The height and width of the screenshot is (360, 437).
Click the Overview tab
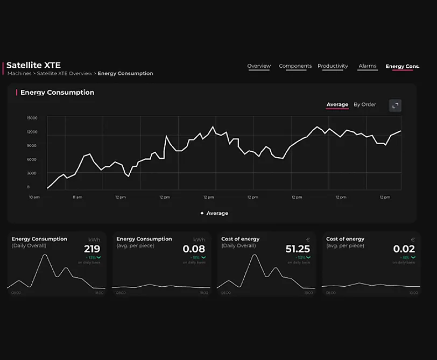click(x=259, y=66)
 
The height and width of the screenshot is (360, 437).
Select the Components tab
click(x=295, y=66)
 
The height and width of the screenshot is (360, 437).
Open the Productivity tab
click(x=333, y=66)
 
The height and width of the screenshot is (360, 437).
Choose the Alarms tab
click(x=368, y=66)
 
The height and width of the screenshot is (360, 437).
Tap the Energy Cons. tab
click(x=402, y=67)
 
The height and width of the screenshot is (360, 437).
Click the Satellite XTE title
click(x=33, y=65)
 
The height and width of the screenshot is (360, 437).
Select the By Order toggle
click(x=365, y=104)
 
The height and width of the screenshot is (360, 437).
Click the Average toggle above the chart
click(x=337, y=104)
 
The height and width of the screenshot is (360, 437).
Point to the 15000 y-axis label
click(x=32, y=118)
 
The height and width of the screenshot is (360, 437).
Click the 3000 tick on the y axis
click(x=32, y=173)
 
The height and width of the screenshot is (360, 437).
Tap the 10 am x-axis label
click(x=34, y=197)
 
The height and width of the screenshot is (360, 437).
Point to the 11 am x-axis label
click(x=77, y=197)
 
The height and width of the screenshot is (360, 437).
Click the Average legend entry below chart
click(x=217, y=213)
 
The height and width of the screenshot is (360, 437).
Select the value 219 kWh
click(x=92, y=249)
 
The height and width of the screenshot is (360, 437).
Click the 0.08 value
click(x=194, y=249)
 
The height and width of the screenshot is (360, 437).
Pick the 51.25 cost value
click(x=298, y=249)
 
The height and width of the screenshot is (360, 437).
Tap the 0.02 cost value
click(x=404, y=249)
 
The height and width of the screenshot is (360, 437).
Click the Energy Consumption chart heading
click(x=57, y=93)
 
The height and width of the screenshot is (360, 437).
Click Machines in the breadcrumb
click(x=19, y=74)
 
